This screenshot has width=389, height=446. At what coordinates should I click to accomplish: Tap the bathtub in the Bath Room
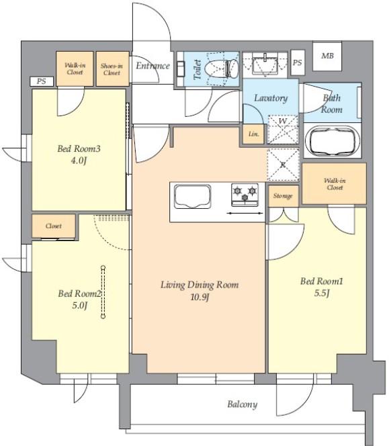pyautogui.click(x=333, y=141)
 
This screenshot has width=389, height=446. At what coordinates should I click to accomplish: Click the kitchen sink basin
pyautogui.click(x=192, y=197)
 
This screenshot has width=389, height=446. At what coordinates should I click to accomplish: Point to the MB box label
pyautogui.click(x=327, y=56)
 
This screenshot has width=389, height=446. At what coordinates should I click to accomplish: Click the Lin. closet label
pyautogui.click(x=253, y=134)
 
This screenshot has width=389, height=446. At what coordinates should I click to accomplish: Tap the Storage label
pyautogui.click(x=283, y=196)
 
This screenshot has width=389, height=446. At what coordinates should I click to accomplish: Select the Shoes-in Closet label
pyautogui.click(x=112, y=69)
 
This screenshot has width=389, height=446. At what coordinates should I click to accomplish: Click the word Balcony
pyautogui.click(x=242, y=404)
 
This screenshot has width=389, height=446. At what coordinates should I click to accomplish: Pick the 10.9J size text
pyautogui.click(x=200, y=298)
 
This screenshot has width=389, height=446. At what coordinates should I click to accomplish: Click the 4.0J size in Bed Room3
pyautogui.click(x=79, y=161)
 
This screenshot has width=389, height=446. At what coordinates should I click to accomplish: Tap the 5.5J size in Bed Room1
pyautogui.click(x=322, y=294)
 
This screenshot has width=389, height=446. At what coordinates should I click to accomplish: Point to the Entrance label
pyautogui.click(x=153, y=66)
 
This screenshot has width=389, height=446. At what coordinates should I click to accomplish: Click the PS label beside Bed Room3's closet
pyautogui.click(x=41, y=81)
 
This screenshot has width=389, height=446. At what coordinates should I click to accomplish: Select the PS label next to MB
pyautogui.click(x=298, y=62)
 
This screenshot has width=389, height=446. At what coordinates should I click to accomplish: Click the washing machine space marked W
pyautogui.click(x=283, y=130)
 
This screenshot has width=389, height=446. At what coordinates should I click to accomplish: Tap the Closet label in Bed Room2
pyautogui.click(x=54, y=226)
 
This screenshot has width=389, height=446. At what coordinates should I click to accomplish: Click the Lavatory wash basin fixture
pyautogui.click(x=265, y=64)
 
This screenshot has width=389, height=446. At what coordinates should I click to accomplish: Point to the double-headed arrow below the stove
pyautogui.click(x=245, y=213)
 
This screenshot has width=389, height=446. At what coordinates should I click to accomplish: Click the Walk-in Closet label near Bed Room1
pyautogui.click(x=335, y=184)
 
